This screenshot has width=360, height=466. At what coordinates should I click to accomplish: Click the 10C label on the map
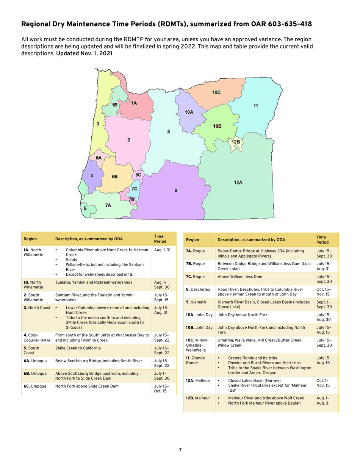(x=216, y=92)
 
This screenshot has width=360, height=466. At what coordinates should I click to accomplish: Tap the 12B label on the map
(x=236, y=142)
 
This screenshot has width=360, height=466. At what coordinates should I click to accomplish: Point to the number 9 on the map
(x=175, y=190)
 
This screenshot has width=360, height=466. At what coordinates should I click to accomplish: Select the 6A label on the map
(x=99, y=157)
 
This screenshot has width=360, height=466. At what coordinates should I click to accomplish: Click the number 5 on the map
(x=85, y=208)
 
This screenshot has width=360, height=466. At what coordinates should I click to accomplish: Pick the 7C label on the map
(x=135, y=189)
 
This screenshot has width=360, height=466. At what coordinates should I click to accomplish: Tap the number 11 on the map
(x=255, y=106)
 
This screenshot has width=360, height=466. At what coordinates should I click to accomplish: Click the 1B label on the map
(x=114, y=105)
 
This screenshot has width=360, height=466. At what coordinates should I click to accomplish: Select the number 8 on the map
(x=169, y=131)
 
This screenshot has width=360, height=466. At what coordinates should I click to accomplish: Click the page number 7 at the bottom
(x=180, y=450)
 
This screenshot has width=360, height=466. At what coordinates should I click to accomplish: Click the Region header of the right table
(x=193, y=239)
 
